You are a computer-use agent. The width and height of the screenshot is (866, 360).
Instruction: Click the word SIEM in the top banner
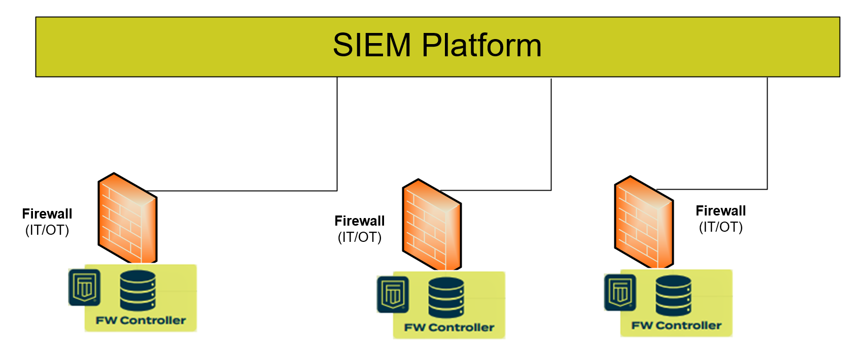tap(371, 45)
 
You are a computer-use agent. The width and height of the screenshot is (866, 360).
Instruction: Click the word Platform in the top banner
tap(481, 45)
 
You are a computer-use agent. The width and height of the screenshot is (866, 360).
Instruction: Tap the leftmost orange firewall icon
tap(127, 219)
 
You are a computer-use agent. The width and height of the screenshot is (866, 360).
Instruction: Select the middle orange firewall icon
tap(432, 225)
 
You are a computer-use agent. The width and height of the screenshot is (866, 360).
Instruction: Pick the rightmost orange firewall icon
tap(644, 222)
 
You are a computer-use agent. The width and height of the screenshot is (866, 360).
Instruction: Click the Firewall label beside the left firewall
tap(47, 214)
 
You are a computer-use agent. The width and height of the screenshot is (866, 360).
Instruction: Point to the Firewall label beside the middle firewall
tap(360, 221)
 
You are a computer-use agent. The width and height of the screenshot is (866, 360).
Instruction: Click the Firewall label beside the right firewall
tap(720, 211)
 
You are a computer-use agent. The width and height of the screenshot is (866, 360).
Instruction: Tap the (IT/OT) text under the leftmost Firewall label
tap(47, 230)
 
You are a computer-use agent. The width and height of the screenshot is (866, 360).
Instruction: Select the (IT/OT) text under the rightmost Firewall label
tap(720, 227)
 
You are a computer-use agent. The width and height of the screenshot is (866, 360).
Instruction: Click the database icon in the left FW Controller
tap(137, 291)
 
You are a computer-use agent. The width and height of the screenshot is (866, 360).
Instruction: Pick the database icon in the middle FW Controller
tap(446, 298)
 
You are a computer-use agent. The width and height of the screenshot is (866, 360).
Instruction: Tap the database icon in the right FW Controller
tap(673, 296)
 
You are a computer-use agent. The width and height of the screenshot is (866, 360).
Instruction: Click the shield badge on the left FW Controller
tap(85, 287)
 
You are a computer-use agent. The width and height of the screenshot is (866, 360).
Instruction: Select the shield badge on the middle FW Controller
tap(393, 295)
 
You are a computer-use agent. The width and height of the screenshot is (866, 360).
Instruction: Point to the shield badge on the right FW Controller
tap(620, 293)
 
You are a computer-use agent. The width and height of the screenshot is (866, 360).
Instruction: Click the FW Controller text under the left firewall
tap(141, 320)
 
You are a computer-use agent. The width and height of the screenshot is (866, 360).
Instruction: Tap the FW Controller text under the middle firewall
tap(449, 328)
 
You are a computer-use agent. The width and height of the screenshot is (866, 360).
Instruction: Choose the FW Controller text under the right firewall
tap(676, 326)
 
